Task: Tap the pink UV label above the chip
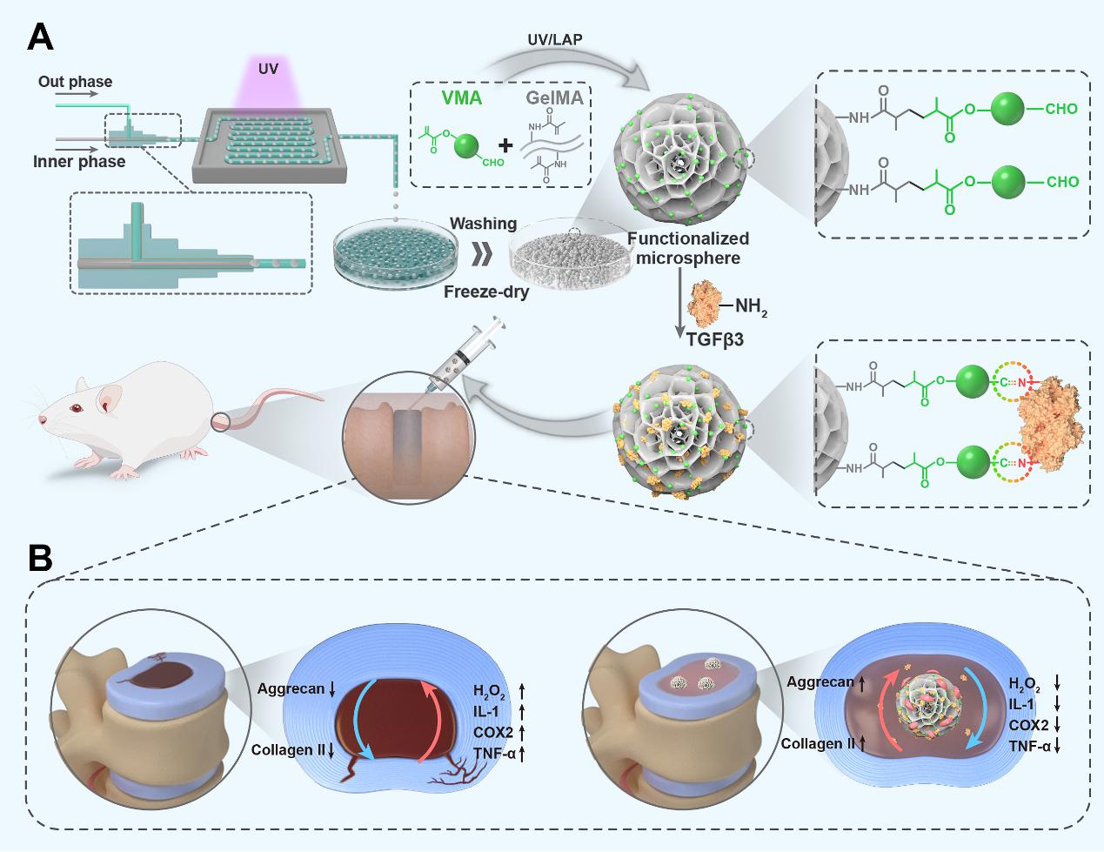[x=268, y=67]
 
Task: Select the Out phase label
[x=75, y=83]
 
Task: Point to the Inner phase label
[x=79, y=161]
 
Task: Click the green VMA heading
[x=461, y=98]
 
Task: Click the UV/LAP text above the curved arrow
[x=554, y=42]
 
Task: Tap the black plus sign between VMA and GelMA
[x=505, y=143]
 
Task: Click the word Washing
[x=483, y=224]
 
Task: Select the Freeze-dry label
[x=486, y=292]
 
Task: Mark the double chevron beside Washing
[x=484, y=258]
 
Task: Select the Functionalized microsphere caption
[x=687, y=248]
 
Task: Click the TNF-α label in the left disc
[x=494, y=753]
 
